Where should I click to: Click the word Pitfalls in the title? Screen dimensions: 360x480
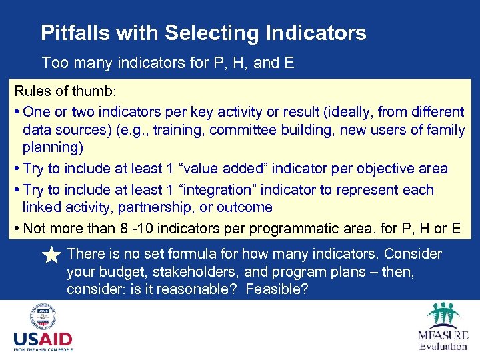tap(67, 33)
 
